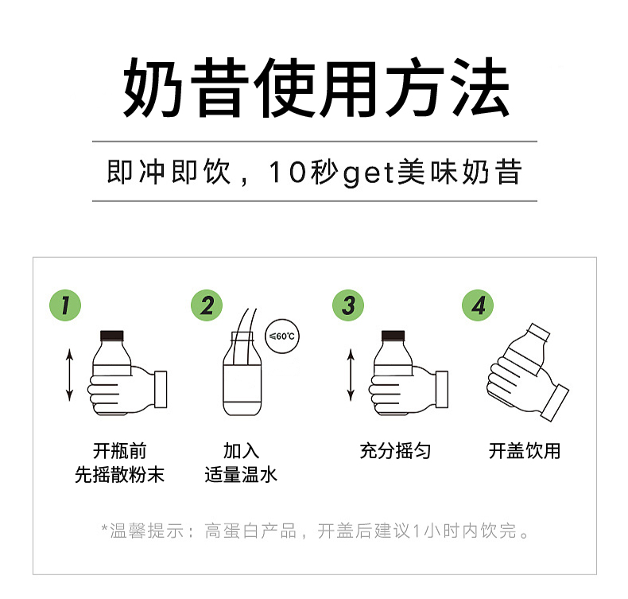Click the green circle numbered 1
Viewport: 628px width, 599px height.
(65, 305)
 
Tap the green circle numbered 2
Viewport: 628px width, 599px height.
(207, 305)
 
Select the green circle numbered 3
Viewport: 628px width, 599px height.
(347, 305)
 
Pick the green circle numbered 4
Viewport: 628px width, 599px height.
(477, 305)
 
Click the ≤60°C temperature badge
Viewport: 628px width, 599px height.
(282, 336)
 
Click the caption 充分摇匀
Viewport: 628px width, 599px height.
(395, 451)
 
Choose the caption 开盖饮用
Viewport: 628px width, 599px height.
(525, 451)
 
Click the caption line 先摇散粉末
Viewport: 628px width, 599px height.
(119, 475)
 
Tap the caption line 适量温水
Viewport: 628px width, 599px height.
(241, 475)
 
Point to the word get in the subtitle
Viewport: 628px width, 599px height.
(369, 173)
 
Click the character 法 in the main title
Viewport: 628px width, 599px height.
(477, 89)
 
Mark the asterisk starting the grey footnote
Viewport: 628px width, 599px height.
(104, 528)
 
